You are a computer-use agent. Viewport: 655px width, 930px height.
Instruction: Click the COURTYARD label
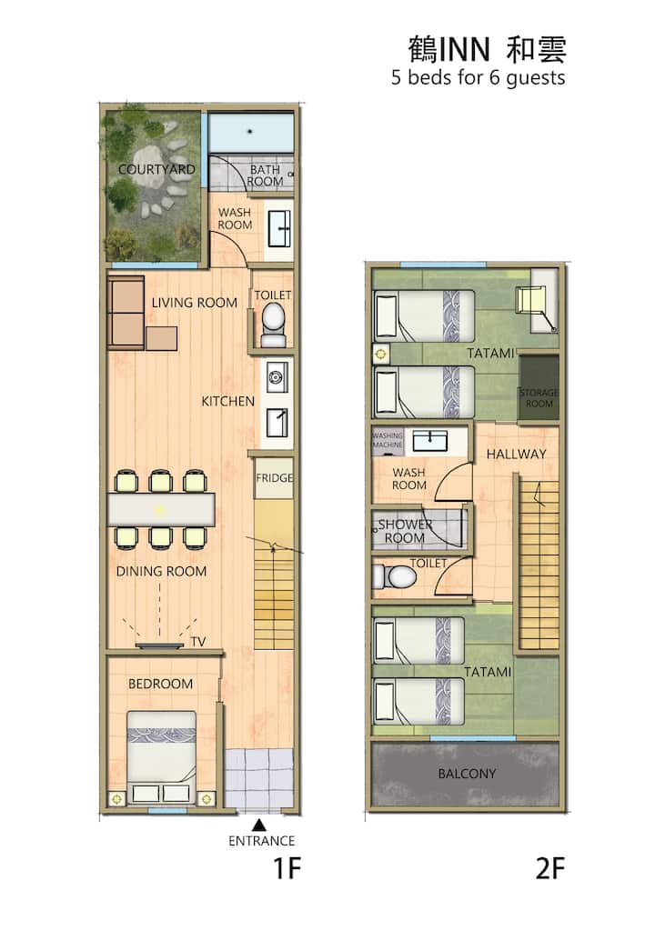point(156,169)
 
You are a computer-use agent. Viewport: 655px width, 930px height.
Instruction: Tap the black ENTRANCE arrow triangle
point(258,825)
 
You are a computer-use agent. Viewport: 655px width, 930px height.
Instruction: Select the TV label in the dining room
point(198,641)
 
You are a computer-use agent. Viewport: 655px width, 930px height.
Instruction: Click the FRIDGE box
point(274,477)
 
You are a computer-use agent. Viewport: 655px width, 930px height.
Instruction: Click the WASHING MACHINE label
point(388,440)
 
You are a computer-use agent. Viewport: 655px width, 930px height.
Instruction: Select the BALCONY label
point(467,774)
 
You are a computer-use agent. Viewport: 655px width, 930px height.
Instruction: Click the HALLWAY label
point(516,454)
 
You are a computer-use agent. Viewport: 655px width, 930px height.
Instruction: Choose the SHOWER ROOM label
point(405,531)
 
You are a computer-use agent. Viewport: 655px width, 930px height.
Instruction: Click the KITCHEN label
point(227,402)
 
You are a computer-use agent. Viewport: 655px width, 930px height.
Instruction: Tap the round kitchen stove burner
point(277,376)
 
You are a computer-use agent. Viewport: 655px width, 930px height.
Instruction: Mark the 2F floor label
point(550,869)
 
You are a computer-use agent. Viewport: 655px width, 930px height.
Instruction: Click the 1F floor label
point(287,869)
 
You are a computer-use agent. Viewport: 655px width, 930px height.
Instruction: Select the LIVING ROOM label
point(195,303)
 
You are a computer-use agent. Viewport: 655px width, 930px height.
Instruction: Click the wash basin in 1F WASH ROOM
point(279,228)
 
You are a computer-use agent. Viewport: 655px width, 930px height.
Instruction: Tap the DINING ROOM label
point(161,571)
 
